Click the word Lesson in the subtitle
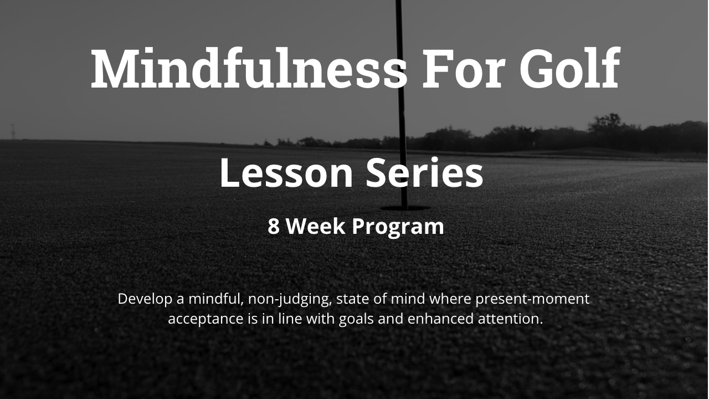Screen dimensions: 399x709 coord(286,173)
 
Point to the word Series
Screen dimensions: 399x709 coord(424,173)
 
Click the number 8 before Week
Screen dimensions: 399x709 coord(274,226)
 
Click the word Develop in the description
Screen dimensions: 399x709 coord(145,299)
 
